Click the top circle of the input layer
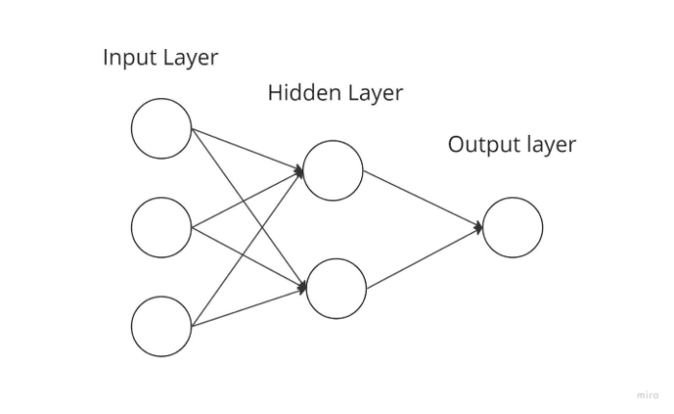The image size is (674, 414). coord(162,128)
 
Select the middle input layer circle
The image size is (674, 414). coord(162,227)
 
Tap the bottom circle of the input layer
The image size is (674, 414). coord(162,326)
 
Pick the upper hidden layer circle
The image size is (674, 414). coord(333,170)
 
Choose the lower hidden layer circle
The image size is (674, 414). coord(336,288)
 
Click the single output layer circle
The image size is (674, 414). coord(512,227)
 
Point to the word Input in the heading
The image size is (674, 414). coord(127,58)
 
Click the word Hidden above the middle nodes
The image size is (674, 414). coord(298,93)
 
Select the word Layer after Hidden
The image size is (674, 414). coord(371,93)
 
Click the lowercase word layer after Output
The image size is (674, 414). coord(550,145)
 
